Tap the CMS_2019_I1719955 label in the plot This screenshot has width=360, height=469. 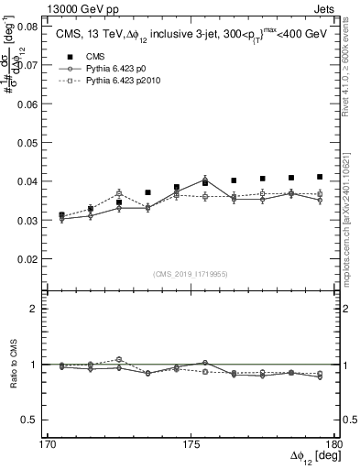tap(189, 273)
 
